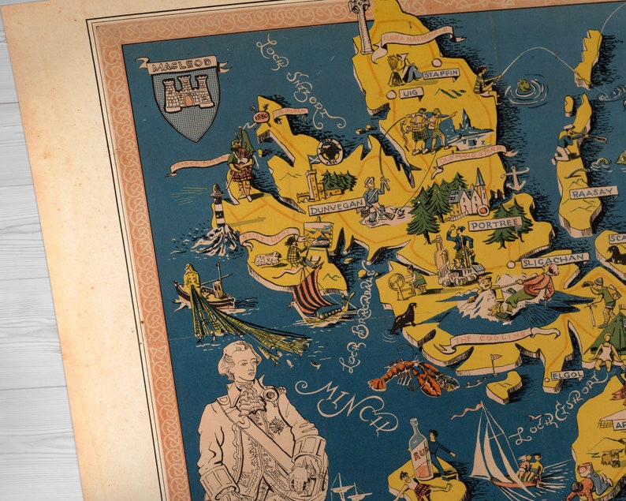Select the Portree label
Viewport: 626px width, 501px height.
[494, 224]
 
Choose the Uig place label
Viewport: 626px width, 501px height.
[409, 93]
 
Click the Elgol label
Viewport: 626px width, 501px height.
[568, 376]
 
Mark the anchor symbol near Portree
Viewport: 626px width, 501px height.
[516, 178]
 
